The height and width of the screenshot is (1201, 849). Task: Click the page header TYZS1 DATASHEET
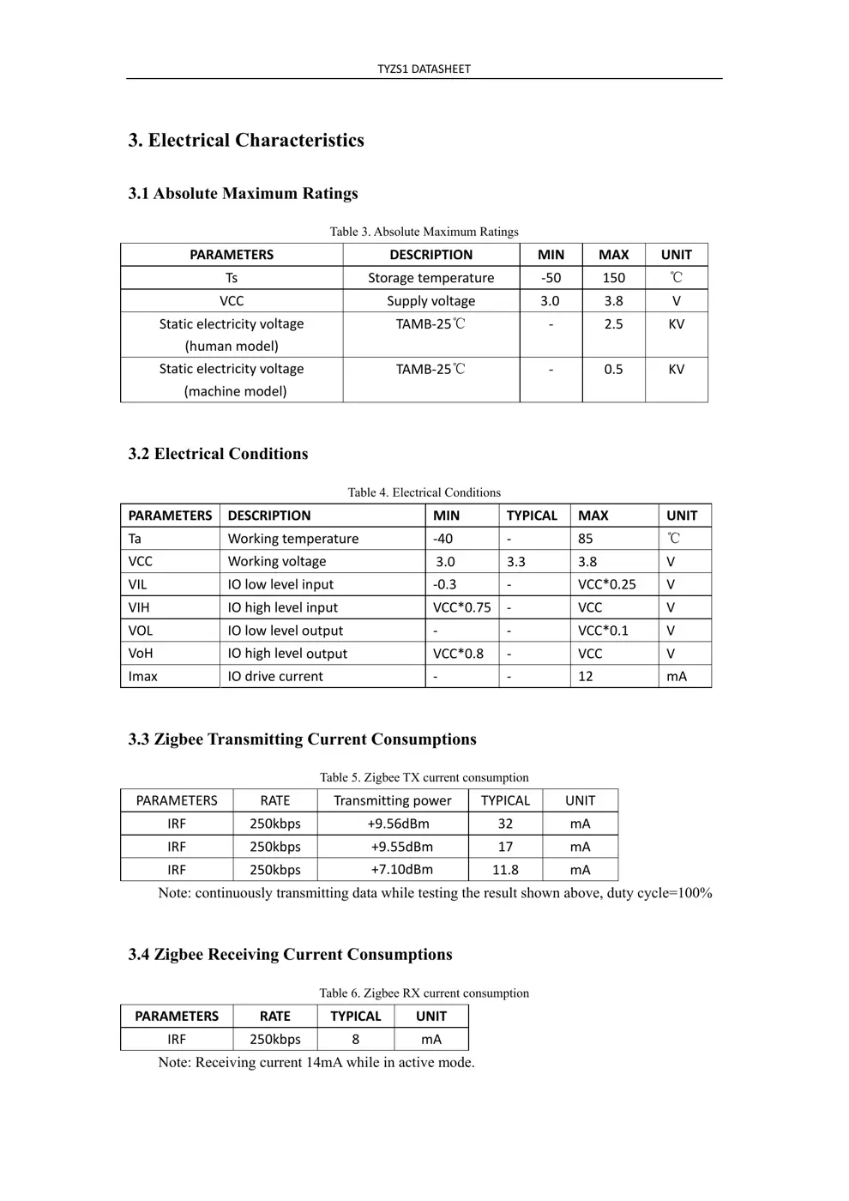pos(424,69)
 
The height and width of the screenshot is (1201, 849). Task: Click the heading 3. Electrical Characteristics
pos(246,141)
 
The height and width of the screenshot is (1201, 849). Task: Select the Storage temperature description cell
pos(431,278)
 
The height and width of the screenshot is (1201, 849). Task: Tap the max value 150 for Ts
pos(613,278)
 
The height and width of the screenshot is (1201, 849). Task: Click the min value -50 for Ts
pos(551,278)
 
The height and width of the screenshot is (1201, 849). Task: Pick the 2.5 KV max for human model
pos(613,324)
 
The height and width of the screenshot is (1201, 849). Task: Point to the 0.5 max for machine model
pos(613,369)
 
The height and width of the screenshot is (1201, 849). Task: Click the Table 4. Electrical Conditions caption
pos(424,492)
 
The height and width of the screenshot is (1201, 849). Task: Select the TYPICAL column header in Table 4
pos(532,516)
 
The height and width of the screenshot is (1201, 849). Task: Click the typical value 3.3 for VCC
pos(515,562)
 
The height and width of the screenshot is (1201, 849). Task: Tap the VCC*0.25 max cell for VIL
pos(607,584)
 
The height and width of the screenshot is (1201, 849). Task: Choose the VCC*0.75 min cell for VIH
pos(461,607)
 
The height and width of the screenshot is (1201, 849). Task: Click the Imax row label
pos(143,677)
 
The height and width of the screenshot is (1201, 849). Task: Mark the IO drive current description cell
pos(275,677)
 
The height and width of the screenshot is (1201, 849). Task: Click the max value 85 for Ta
pos(586,539)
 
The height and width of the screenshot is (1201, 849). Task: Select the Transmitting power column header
pos(392,800)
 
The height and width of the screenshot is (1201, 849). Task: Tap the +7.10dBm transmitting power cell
pos(401,870)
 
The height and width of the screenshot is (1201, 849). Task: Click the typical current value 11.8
pos(505,870)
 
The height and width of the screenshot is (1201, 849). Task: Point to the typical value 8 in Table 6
pos(355,1039)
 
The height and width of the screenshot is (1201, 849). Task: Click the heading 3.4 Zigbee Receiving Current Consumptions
pos(290,955)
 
